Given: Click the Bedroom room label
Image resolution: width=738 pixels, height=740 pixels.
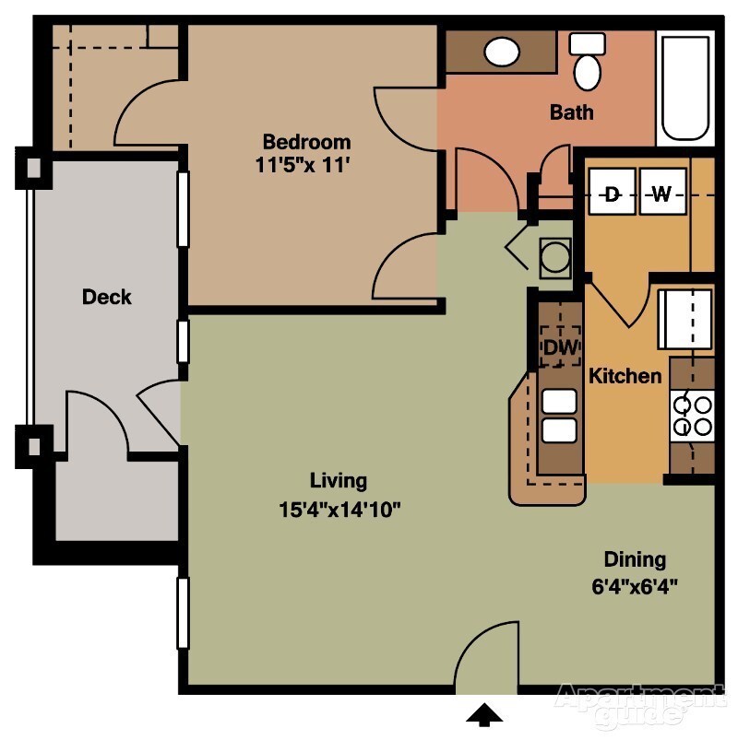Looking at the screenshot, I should (x=306, y=142).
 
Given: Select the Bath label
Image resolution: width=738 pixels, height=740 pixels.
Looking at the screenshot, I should (x=571, y=112).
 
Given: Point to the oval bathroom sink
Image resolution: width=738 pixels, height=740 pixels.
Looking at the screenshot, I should (x=502, y=52).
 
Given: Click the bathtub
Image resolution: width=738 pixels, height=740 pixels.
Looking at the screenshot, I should (x=684, y=88).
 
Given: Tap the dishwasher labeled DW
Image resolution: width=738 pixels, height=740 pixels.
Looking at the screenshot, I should (x=560, y=347).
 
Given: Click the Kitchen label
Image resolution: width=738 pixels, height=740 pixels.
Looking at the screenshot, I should (x=625, y=376).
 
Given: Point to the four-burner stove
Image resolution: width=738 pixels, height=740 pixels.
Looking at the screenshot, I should (x=693, y=415).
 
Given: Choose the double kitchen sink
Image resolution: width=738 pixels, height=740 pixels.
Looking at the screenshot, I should (x=560, y=417).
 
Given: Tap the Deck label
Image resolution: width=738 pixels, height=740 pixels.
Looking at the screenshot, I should (x=107, y=297).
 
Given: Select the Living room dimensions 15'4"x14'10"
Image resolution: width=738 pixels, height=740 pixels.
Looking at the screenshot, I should (x=339, y=508).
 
